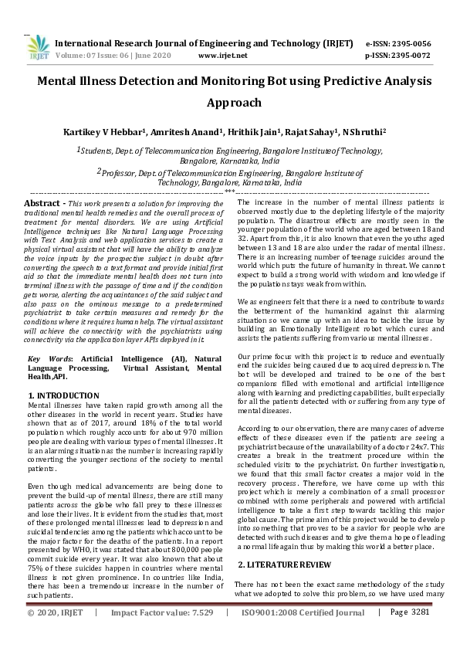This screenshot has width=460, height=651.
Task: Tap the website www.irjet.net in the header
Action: [223, 56]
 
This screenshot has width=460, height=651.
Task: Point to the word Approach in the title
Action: [229, 102]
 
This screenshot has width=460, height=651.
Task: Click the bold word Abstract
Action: [46, 202]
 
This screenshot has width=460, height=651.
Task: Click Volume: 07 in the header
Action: [78, 56]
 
